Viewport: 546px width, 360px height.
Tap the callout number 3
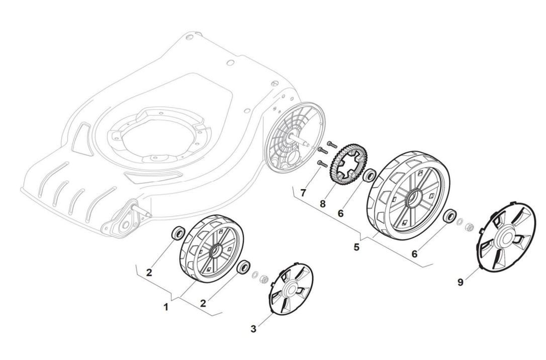tap(253, 329)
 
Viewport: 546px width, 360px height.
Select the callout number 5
tap(356, 247)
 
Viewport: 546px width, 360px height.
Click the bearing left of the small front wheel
tap(178, 233)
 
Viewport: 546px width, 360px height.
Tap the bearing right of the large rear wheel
tap(450, 217)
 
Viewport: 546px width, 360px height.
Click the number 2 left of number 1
tap(149, 273)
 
